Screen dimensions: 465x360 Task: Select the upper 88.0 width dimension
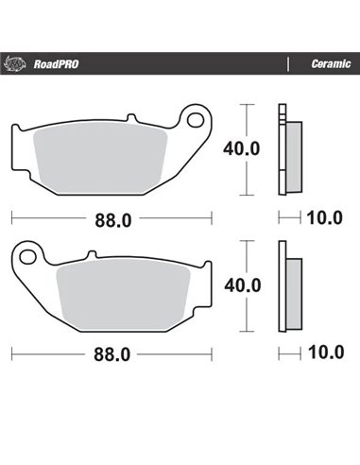point(111,220)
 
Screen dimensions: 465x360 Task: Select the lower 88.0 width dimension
point(111,356)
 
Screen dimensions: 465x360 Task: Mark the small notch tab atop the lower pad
point(91,255)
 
